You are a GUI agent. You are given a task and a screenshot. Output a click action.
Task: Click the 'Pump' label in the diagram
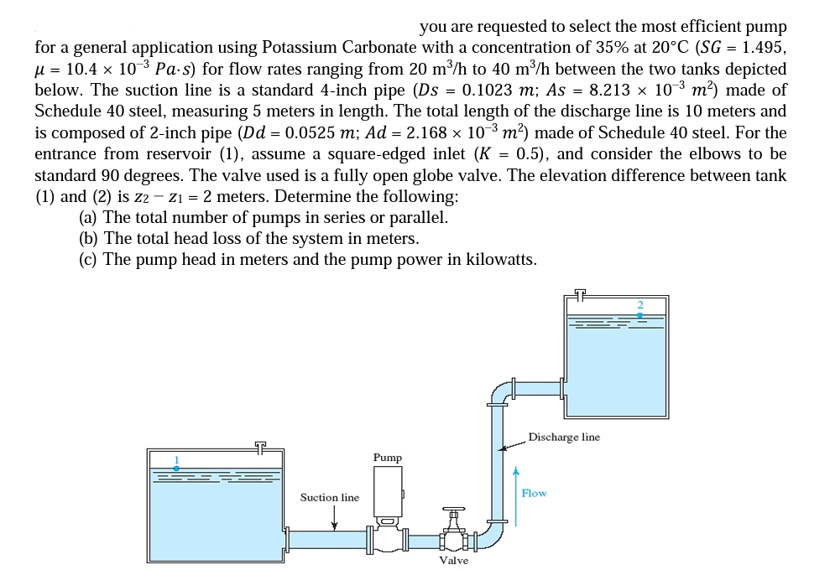pos(388,458)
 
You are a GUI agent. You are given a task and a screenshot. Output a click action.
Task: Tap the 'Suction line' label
pos(330,498)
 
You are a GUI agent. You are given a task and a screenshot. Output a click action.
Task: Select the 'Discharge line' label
pos(564,437)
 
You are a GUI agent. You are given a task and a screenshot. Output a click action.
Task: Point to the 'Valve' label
pos(453,560)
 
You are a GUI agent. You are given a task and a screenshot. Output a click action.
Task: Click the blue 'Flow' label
pos(534,493)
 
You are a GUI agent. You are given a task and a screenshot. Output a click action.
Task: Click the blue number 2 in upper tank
pos(639,304)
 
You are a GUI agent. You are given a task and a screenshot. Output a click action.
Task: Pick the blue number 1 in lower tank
pos(176,459)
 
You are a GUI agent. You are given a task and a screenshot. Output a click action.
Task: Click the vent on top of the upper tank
pos(581,293)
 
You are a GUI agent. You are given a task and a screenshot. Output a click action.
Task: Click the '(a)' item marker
pos(87,217)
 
